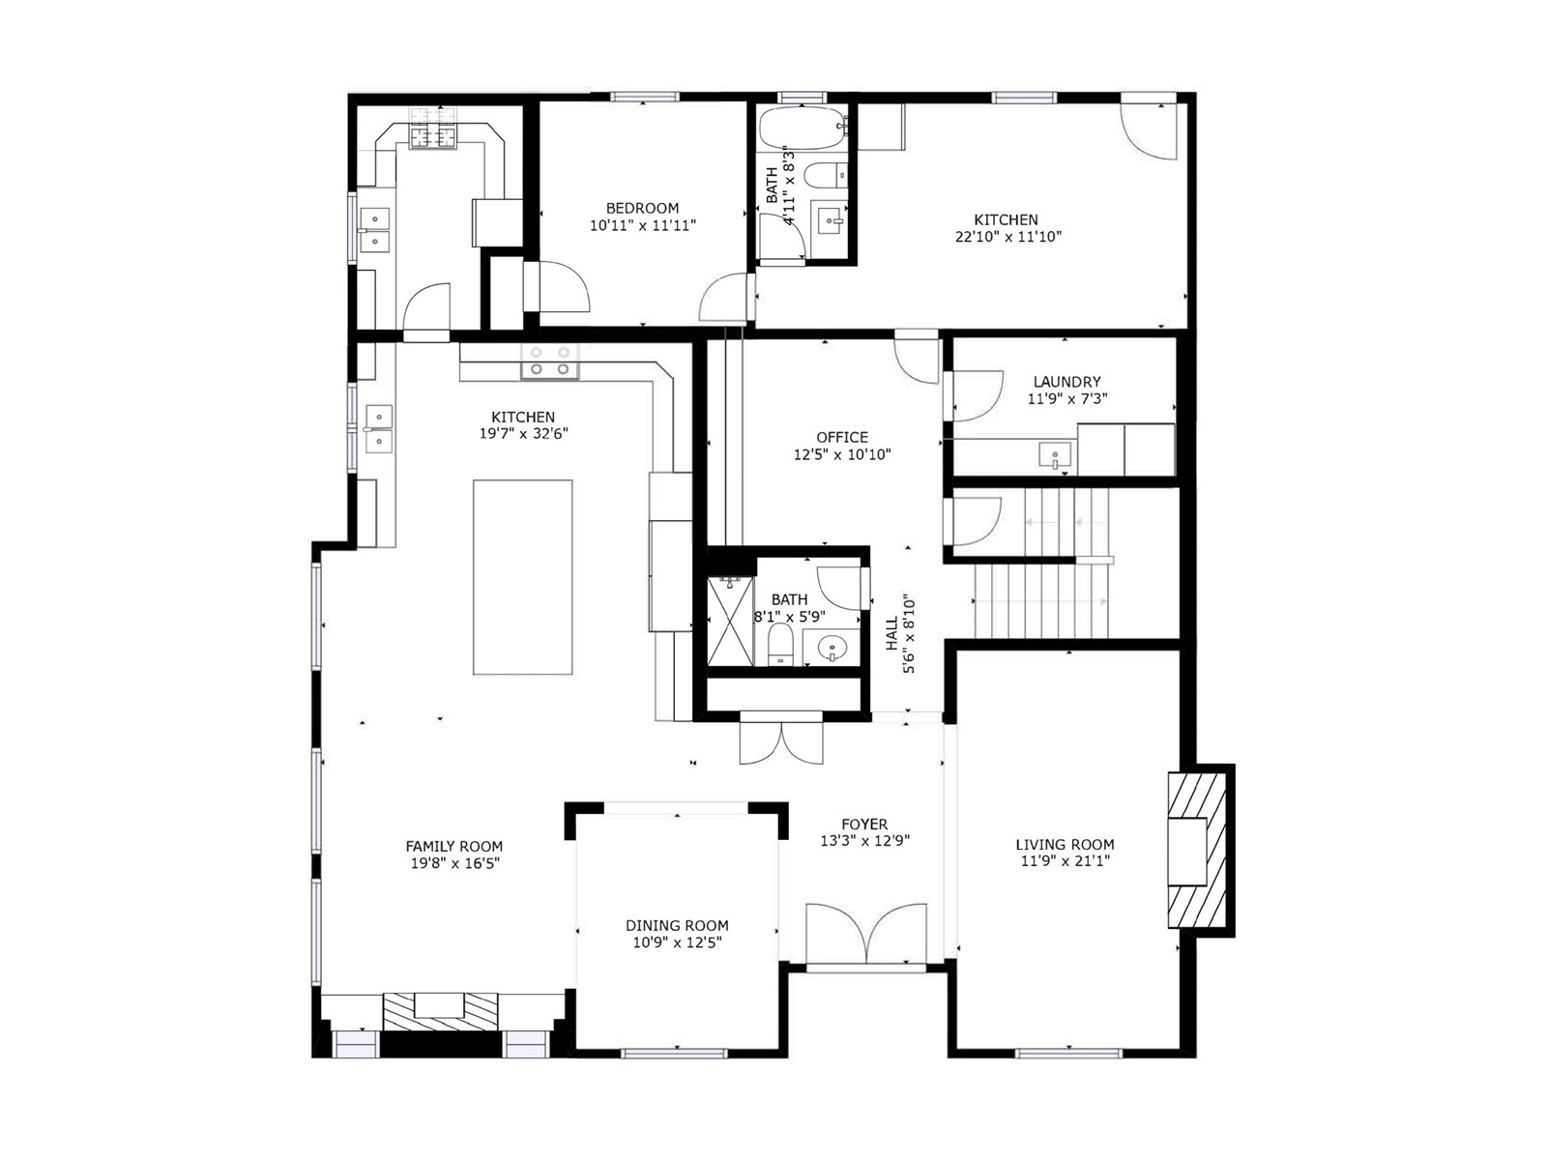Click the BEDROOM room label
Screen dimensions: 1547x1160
click(x=642, y=208)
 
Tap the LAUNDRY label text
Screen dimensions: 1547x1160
click(x=1066, y=382)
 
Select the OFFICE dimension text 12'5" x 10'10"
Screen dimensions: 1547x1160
click(x=842, y=455)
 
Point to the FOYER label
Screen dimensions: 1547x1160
click(x=864, y=824)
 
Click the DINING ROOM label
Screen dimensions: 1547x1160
click(x=677, y=925)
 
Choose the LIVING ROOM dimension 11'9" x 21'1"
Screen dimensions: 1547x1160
click(x=1065, y=860)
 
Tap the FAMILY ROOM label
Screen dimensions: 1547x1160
click(x=453, y=846)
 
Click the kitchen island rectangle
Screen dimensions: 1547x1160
click(x=522, y=577)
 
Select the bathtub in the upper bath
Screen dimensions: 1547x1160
click(x=803, y=128)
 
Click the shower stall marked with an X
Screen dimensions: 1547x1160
click(x=730, y=622)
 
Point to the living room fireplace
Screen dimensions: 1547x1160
click(x=1197, y=850)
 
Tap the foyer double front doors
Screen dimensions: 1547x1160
click(x=865, y=935)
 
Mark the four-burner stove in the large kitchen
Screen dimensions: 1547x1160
click(x=550, y=361)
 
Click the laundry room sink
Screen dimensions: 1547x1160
click(x=1055, y=455)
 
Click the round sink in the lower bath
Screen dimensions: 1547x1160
click(x=833, y=647)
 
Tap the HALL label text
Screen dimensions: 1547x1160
click(x=892, y=633)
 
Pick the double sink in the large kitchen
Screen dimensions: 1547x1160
click(x=378, y=428)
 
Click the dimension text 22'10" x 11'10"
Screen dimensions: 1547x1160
click(x=1007, y=237)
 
